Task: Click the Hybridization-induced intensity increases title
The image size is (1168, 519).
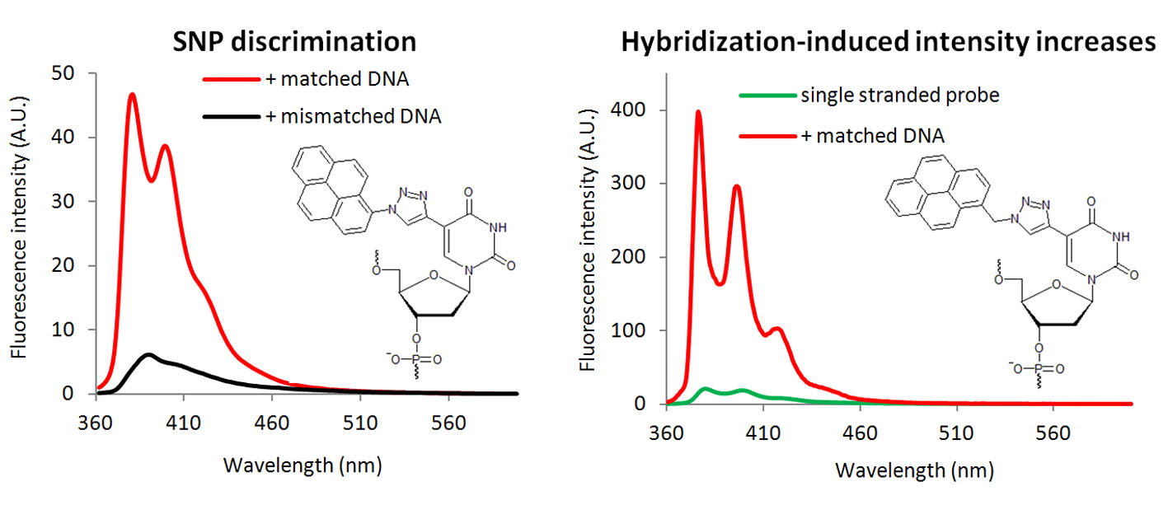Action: click(889, 43)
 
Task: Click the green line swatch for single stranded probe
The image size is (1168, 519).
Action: click(767, 96)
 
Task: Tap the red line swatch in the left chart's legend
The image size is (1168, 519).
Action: click(232, 80)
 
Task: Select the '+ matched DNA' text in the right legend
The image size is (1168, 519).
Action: click(872, 135)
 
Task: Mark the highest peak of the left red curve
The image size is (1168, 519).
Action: click(132, 95)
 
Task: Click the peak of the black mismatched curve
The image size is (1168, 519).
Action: click(148, 355)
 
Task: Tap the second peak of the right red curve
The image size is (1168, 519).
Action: click(737, 186)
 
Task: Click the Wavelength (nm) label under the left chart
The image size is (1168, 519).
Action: click(303, 465)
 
